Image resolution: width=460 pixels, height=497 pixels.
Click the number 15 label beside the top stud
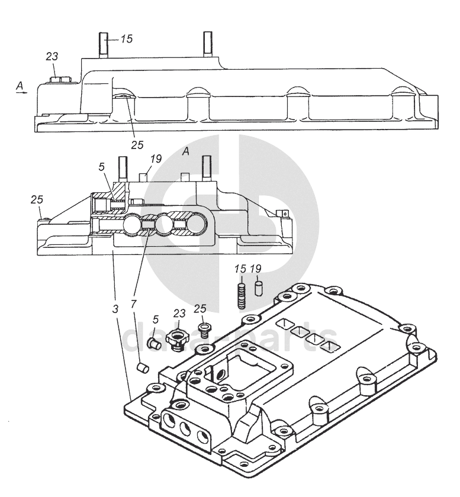pos(127,39)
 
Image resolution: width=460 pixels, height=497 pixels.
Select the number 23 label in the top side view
pos(52,57)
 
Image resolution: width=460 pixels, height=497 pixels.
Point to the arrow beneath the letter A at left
pos(21,92)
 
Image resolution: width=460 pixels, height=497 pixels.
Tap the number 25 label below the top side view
pos(137,144)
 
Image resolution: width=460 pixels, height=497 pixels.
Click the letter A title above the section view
pos(185,151)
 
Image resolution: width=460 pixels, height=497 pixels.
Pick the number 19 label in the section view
pos(155,159)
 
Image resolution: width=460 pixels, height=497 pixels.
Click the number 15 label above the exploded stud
pos(239,269)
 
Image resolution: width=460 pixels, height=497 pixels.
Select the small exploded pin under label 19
pos(258,288)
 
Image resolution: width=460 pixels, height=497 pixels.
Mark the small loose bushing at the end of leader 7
pos(142,368)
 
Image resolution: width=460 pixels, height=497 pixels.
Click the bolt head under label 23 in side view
pos(59,79)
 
